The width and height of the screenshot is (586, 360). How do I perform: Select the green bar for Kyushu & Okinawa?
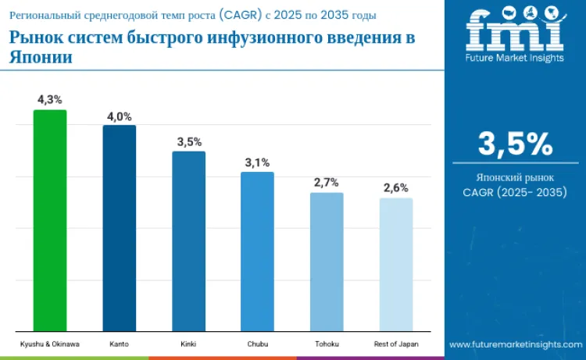[49, 220]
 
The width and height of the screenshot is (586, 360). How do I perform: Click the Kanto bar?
[119, 228]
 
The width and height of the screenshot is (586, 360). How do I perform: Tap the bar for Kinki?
[188, 241]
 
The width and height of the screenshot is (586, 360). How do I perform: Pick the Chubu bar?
[257, 251]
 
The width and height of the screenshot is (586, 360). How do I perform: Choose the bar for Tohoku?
[327, 262]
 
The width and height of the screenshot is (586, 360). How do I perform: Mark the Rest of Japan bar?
[396, 264]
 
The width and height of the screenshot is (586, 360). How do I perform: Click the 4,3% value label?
[49, 101]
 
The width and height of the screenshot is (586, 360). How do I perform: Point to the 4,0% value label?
[119, 116]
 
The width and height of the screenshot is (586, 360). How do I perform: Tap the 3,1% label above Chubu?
[258, 162]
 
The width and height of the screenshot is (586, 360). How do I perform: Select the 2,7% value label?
[327, 183]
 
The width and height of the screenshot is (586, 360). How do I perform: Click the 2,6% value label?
[395, 188]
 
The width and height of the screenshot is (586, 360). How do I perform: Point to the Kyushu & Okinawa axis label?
[49, 344]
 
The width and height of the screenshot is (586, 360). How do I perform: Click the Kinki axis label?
[188, 344]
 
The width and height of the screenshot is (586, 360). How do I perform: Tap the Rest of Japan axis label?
[396, 344]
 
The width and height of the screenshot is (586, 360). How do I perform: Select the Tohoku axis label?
[327, 344]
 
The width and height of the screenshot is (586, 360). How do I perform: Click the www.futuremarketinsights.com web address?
[515, 344]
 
